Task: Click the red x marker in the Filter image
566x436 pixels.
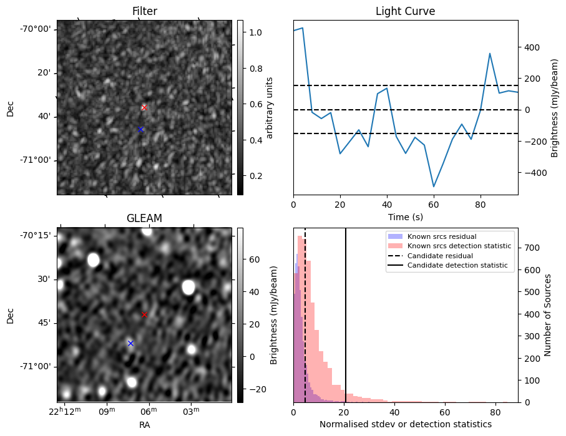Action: (x=144, y=107)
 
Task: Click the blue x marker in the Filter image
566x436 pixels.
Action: (x=140, y=129)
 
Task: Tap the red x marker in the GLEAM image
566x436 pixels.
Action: (x=144, y=314)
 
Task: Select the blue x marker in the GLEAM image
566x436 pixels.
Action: (x=130, y=343)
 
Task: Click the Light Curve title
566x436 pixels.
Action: (x=405, y=11)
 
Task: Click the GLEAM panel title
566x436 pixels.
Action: (x=144, y=218)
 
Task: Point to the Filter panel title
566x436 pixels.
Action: (x=144, y=11)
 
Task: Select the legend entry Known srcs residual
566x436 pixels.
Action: (x=441, y=236)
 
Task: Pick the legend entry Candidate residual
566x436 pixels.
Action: (x=440, y=256)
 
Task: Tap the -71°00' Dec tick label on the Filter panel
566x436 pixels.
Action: (x=36, y=160)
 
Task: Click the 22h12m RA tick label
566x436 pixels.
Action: (x=65, y=410)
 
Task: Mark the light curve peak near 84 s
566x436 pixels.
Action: (x=490, y=54)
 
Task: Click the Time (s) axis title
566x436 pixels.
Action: (x=405, y=216)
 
